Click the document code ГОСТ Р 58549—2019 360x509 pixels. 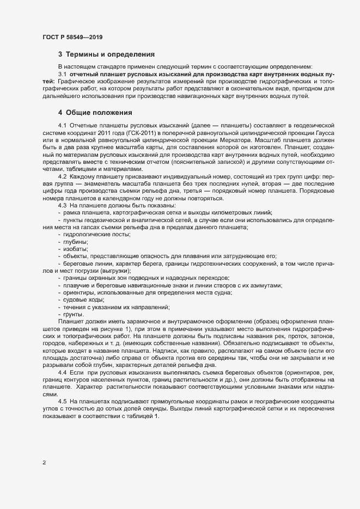click(x=72, y=38)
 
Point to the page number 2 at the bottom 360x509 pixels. click(x=44, y=462)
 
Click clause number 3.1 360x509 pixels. click(x=62, y=73)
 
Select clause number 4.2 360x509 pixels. click(x=62, y=177)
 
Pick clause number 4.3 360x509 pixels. click(x=62, y=205)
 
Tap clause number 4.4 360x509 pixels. click(x=62, y=370)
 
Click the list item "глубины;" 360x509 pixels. click(x=76, y=241)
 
